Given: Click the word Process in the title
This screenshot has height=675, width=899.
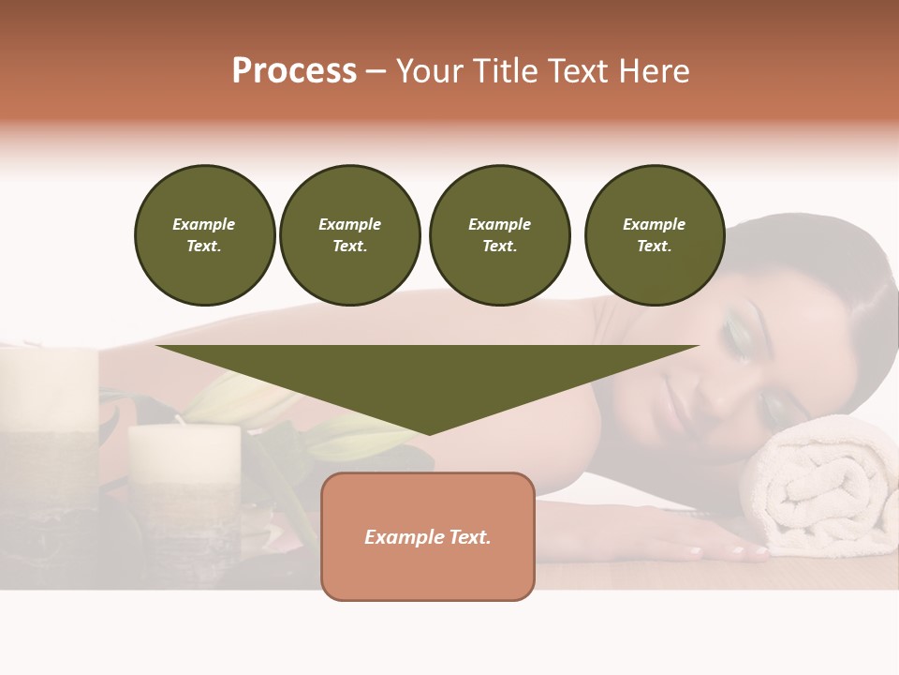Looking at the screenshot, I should pyautogui.click(x=294, y=71).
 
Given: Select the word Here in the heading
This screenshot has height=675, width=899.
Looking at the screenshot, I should pyautogui.click(x=655, y=71).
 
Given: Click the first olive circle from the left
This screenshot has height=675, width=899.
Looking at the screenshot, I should pyautogui.click(x=205, y=235).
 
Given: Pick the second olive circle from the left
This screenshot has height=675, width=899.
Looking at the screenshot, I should pyautogui.click(x=350, y=235).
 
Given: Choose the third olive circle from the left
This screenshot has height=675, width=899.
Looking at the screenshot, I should pyautogui.click(x=499, y=235).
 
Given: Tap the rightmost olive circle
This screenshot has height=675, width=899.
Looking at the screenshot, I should pyautogui.click(x=655, y=235).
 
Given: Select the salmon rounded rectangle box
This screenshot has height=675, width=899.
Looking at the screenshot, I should pyautogui.click(x=428, y=536).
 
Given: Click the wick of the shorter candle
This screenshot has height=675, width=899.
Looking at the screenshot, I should pyautogui.click(x=178, y=420).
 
